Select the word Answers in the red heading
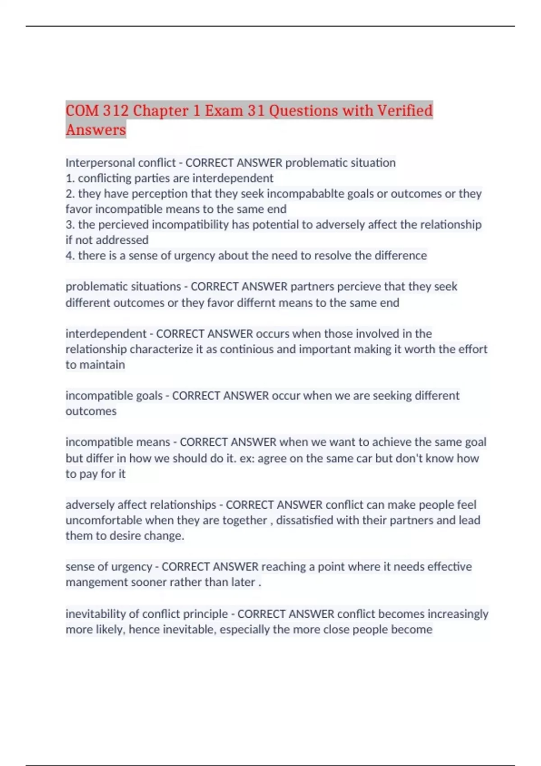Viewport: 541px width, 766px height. (96, 130)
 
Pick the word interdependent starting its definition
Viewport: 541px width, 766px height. (106, 334)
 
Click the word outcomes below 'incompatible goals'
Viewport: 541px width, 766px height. (91, 411)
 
